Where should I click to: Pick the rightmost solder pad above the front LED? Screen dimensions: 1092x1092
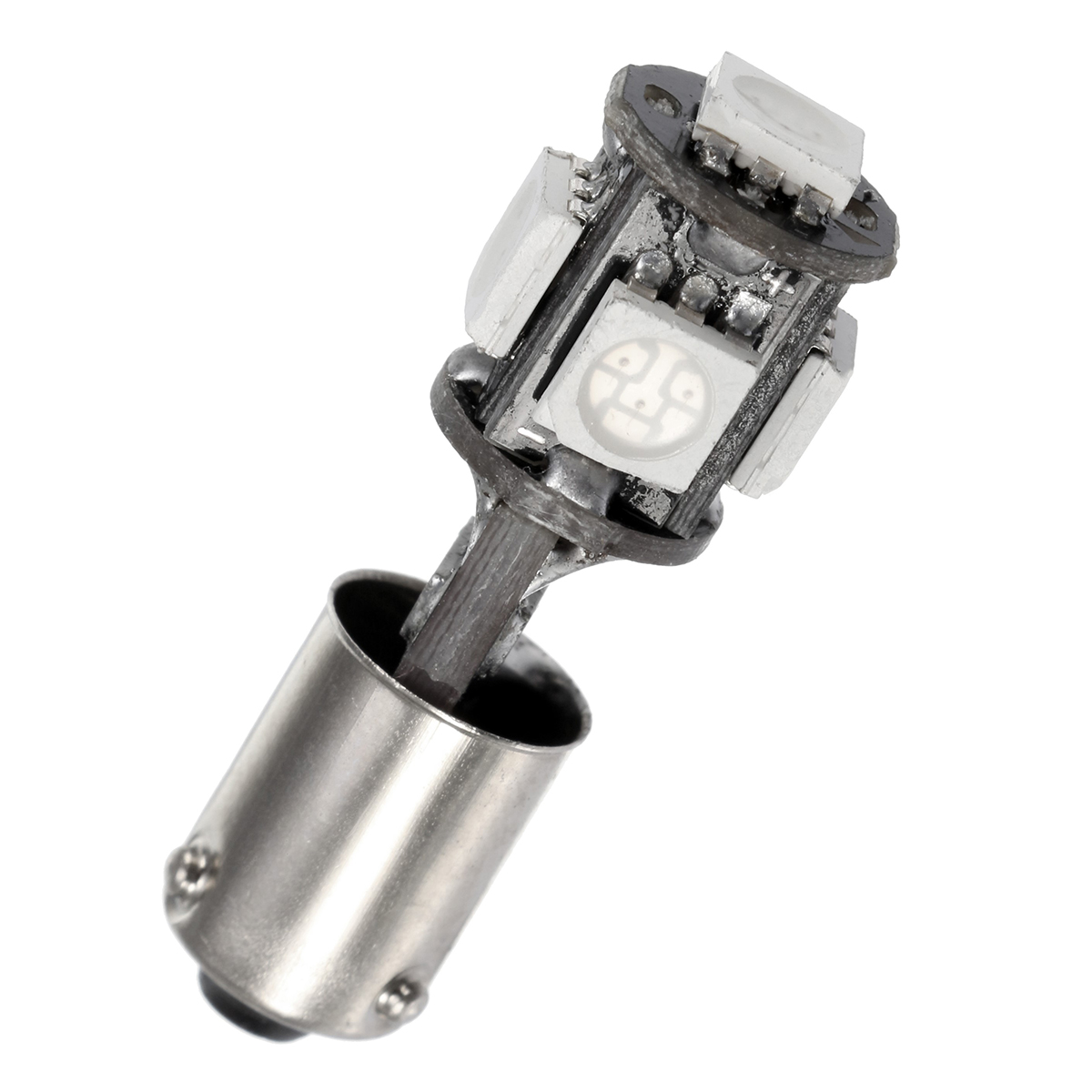[x=744, y=312]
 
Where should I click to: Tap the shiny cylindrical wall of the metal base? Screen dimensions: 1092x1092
[x=364, y=819]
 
